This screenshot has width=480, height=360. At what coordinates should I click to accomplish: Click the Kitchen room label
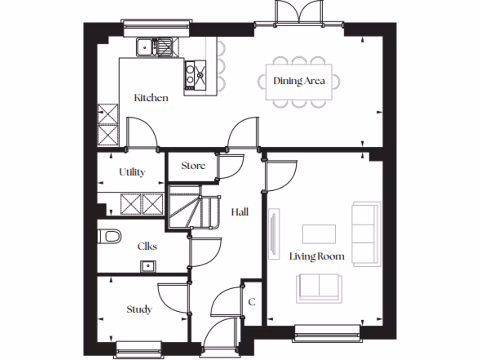coord(151,98)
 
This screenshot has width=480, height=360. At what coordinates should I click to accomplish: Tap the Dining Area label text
coord(299,81)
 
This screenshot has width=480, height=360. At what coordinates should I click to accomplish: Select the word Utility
coord(132,172)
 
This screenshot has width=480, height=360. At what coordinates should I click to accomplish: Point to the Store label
coord(193,165)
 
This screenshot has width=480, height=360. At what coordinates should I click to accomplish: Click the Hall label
coord(240,212)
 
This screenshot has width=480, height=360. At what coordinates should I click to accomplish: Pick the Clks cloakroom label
coord(147,246)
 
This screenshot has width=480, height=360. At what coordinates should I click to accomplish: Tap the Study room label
coord(139,309)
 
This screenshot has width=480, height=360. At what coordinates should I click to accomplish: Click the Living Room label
coord(317,256)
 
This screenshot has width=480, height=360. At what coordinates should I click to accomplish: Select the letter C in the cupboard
coord(252,302)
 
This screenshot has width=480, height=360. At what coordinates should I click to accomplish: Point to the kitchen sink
coord(157,47)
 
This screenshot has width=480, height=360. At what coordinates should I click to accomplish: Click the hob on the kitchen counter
coord(195,75)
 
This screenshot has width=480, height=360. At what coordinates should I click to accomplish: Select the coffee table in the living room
coord(319,234)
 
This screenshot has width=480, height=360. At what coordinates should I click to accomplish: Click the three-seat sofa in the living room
coord(366,234)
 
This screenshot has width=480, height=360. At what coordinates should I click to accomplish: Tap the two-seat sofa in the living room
coord(319,287)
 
